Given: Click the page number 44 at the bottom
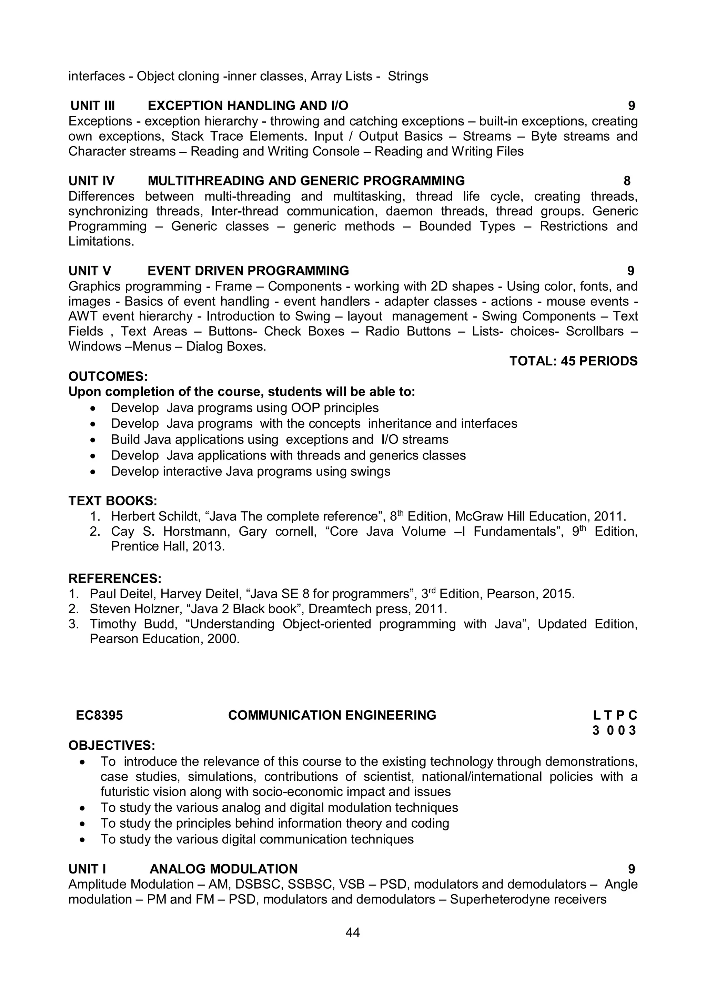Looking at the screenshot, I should [352, 932].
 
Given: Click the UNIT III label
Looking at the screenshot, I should [92, 106].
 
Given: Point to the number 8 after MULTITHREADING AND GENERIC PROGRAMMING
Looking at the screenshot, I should [627, 181].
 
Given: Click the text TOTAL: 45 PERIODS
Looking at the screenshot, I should [573, 361].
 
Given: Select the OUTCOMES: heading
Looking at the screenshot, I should [108, 376].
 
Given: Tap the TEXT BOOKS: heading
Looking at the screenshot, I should [113, 501].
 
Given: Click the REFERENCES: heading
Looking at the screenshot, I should [115, 579].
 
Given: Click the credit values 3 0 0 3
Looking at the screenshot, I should [614, 730].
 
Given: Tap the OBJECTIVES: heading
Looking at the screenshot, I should [112, 745].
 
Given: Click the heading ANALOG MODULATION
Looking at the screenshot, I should [224, 869].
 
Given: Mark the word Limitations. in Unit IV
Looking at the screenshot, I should [101, 242].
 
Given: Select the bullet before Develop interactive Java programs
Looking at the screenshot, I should [92, 472].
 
